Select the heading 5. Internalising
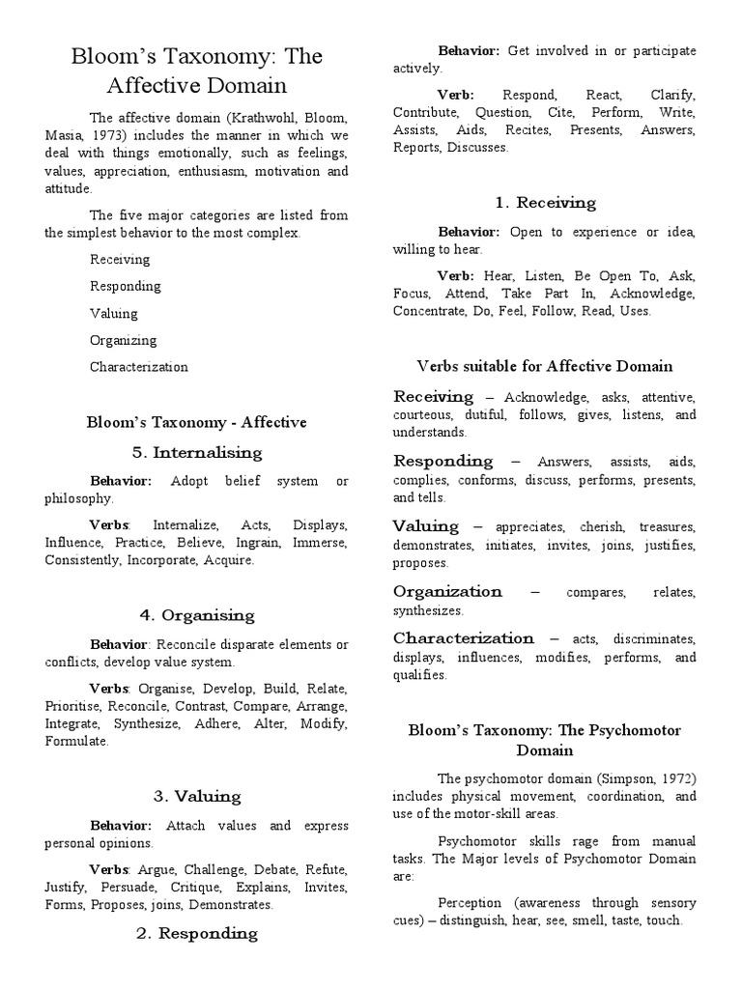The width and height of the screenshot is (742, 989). tap(196, 452)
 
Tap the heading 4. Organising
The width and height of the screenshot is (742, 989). tap(196, 615)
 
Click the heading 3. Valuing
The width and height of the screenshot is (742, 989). tap(196, 797)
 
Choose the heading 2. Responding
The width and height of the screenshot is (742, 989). tap(196, 933)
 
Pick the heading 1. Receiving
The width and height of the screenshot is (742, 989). tap(545, 203)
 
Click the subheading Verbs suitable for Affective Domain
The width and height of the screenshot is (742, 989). tap(545, 366)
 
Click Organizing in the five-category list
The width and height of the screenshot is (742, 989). tap(123, 340)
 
